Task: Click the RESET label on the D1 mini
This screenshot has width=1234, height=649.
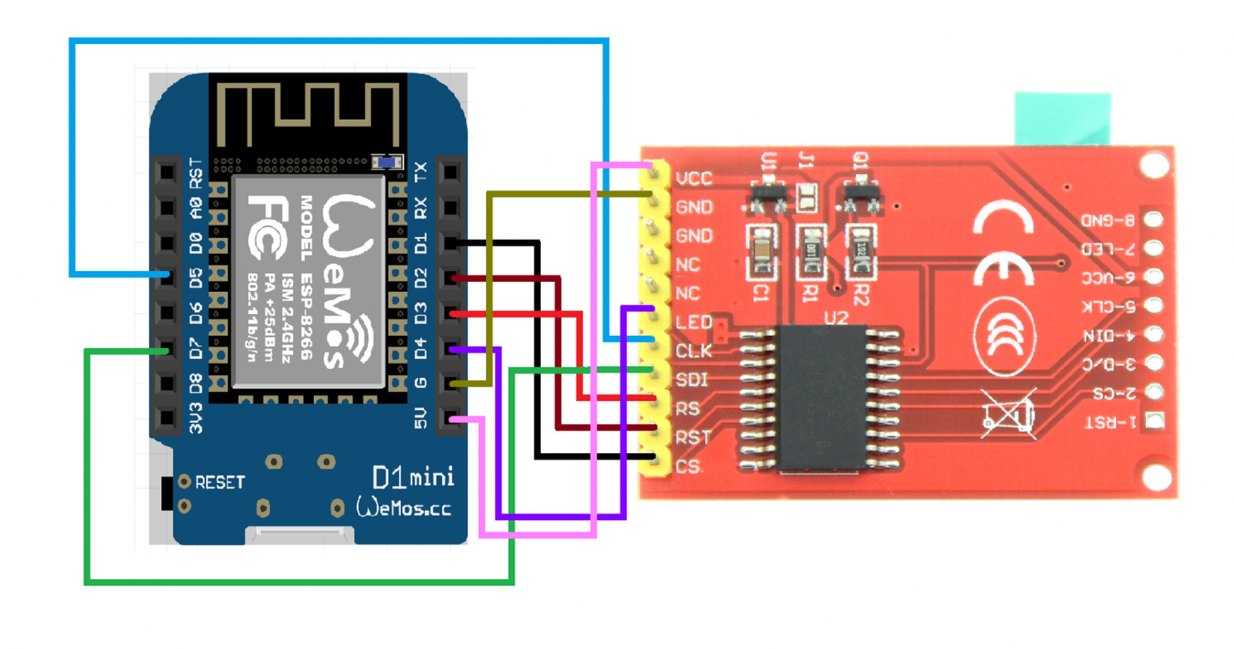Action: [220, 482]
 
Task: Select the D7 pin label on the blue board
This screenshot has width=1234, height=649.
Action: [195, 348]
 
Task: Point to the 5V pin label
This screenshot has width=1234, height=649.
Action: [420, 418]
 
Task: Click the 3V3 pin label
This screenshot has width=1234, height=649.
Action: [195, 417]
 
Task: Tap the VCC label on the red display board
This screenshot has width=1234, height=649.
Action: [693, 179]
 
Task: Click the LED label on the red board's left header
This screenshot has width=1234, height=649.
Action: [693, 323]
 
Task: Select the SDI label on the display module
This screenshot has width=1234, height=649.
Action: [691, 380]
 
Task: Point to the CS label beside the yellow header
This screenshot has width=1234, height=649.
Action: [688, 467]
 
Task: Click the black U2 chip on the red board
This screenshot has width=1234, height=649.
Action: [821, 397]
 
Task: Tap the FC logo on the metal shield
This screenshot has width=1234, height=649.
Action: [267, 227]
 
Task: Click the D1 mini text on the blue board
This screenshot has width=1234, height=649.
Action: [413, 478]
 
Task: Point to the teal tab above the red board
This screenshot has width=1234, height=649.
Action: [1062, 118]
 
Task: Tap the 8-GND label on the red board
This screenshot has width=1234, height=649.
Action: [1108, 221]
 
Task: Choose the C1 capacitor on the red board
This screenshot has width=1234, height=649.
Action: [761, 251]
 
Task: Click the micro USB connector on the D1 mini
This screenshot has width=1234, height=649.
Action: [299, 535]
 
